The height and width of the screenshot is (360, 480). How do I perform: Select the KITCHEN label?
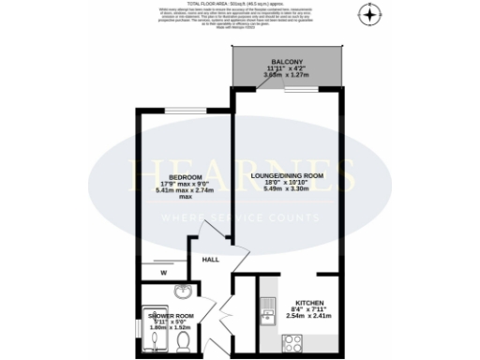[x=309, y=303]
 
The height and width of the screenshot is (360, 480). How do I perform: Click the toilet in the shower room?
[x=185, y=339]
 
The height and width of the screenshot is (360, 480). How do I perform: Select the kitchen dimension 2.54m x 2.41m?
[x=309, y=318]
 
